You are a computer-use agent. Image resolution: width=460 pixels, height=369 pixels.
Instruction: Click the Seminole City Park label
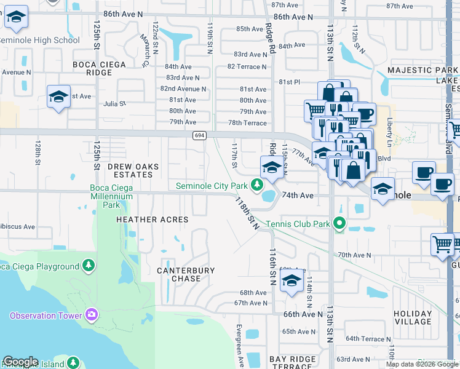(x=212, y=185)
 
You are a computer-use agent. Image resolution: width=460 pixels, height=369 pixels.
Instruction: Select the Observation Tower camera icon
(x=92, y=315)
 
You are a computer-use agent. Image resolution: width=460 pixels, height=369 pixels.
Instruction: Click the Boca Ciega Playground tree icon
(x=89, y=266)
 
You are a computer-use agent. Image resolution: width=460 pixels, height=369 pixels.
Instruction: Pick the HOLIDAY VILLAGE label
(x=413, y=317)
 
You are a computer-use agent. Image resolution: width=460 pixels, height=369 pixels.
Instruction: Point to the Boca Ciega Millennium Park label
(x=111, y=196)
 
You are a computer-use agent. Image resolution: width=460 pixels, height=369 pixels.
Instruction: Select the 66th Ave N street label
(x=303, y=314)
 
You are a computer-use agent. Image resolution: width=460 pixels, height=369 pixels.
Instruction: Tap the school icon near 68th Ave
(x=290, y=282)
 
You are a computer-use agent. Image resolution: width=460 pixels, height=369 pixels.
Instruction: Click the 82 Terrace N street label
(x=247, y=66)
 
